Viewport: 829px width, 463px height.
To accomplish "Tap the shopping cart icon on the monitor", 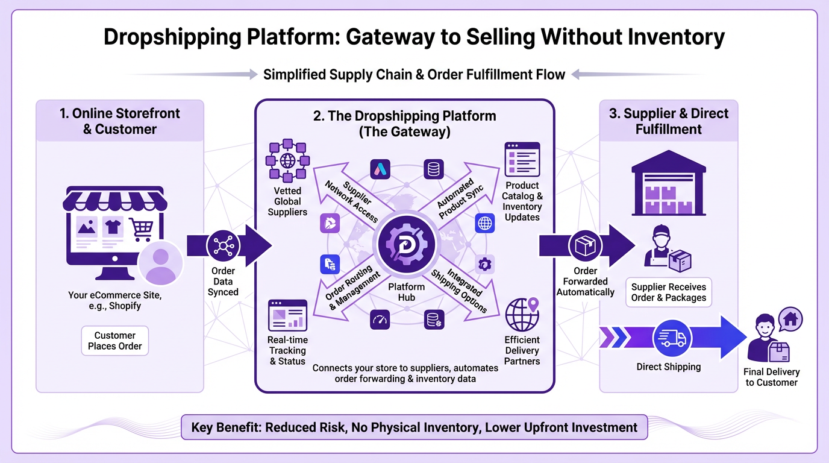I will point(140,229).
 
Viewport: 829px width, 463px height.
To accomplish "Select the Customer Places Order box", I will point(115,341).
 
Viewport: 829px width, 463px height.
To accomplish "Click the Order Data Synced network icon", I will point(223,246).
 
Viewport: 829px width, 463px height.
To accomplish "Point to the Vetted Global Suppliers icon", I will point(287,160).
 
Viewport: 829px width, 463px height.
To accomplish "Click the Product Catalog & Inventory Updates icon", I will point(522,159).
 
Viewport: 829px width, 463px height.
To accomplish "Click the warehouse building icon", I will point(668,183).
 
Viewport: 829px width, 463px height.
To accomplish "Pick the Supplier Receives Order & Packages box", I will point(668,292).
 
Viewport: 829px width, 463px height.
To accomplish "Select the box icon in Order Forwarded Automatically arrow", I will point(585,246).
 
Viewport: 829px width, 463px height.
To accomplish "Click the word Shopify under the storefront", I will point(125,306).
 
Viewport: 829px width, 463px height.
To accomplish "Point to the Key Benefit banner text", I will point(414,427).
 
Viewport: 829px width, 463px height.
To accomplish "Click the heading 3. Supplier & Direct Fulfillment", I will point(668,121).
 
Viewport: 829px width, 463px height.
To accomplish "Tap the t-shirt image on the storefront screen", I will point(113,227).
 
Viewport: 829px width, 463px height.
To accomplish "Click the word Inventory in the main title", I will point(675,37).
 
